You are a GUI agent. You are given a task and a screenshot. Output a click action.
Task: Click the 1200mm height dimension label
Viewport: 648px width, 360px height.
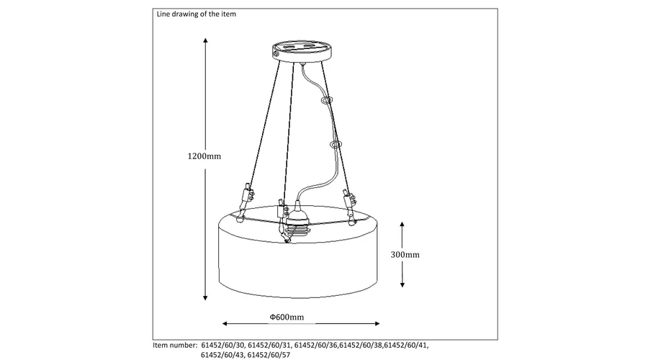(204, 156)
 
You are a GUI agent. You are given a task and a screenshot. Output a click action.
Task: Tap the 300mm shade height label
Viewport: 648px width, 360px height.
(405, 255)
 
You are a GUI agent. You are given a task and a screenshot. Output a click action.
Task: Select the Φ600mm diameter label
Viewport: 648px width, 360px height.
(287, 317)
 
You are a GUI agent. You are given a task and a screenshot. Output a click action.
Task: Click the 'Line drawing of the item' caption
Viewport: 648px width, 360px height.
(197, 14)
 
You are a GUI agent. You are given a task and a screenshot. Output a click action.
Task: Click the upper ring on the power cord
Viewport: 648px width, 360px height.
(327, 100)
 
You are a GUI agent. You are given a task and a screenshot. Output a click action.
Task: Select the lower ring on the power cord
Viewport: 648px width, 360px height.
(336, 145)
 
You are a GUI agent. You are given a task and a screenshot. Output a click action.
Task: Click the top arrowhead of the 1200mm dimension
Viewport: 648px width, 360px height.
(205, 40)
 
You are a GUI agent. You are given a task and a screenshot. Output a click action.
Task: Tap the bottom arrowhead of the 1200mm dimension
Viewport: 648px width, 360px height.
(205, 297)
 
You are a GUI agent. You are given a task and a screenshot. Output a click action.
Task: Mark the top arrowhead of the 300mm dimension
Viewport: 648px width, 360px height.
(402, 225)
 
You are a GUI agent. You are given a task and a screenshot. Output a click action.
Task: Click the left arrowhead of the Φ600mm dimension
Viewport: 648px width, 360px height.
(225, 323)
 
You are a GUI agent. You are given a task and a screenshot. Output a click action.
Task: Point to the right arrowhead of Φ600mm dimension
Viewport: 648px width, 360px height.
(377, 323)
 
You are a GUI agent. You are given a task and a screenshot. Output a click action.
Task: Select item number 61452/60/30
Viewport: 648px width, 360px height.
(223, 346)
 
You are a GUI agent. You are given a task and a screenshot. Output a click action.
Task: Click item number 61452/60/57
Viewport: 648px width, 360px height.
(269, 355)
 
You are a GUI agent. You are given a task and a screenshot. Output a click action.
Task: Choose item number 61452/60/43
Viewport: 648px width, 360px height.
(222, 355)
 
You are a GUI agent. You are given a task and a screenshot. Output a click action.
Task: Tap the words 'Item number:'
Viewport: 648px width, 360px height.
(175, 346)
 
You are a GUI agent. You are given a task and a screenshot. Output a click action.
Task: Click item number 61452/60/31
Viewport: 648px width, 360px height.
(270, 346)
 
